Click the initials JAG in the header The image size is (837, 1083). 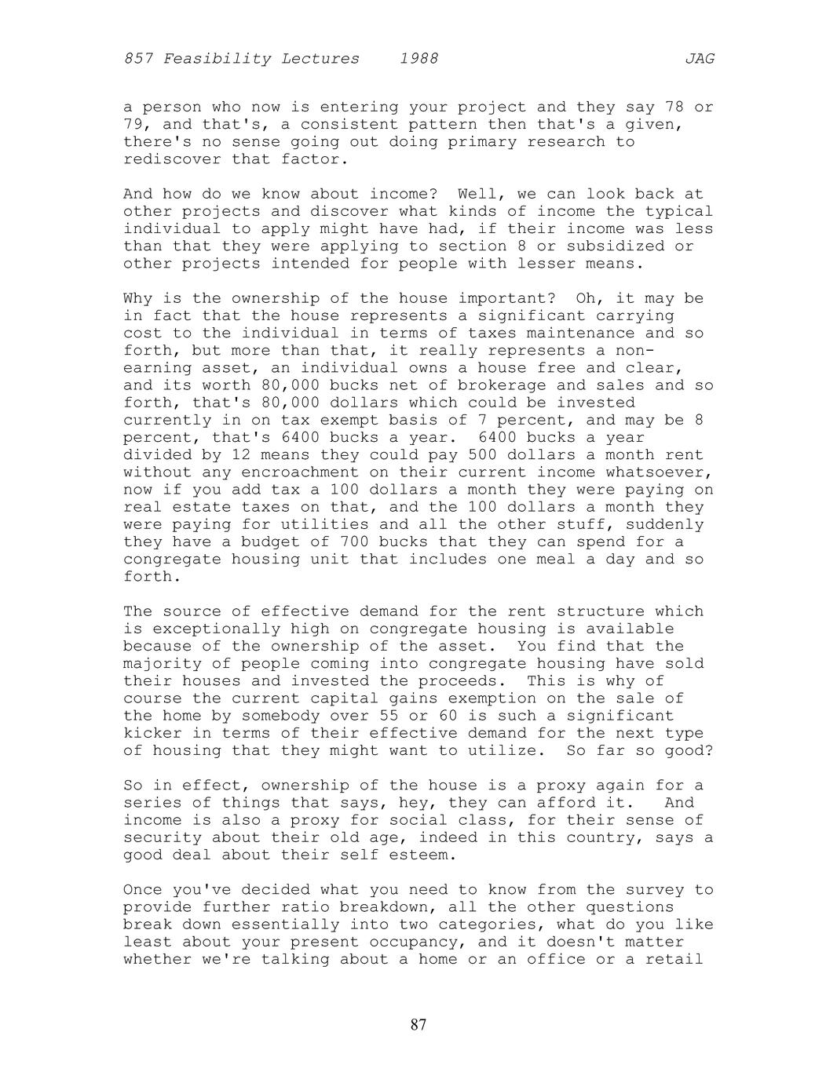(x=699, y=59)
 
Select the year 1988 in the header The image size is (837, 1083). (x=418, y=59)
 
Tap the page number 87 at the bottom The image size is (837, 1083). (x=418, y=1024)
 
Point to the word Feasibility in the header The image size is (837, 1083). (x=212, y=59)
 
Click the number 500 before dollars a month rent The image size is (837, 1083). (x=482, y=455)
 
